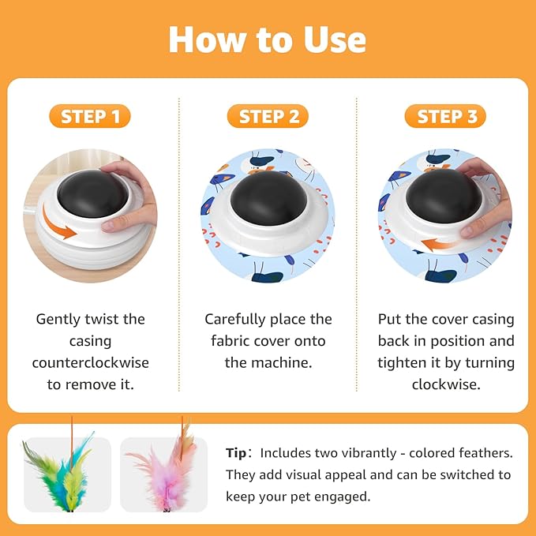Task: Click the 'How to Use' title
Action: pos(268,39)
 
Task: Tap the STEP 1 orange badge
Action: pos(90,117)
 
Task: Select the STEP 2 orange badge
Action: pos(268,117)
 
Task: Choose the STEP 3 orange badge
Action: pos(447,117)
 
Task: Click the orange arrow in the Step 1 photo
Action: pos(61,230)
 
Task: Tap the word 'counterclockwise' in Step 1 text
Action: pos(90,362)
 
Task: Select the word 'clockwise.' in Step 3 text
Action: pos(446,384)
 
